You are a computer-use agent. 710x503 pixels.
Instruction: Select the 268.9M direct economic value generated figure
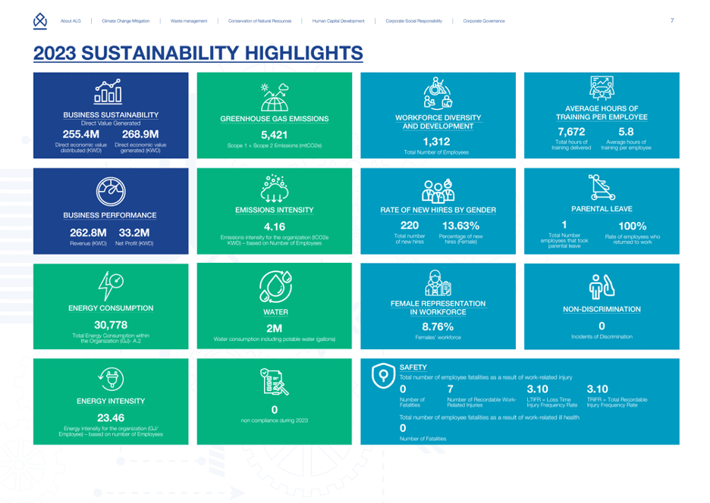(140, 134)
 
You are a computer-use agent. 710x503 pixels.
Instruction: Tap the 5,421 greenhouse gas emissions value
(275, 135)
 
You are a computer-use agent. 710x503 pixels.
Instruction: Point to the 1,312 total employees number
(436, 141)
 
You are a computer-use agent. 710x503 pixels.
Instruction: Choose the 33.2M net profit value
(134, 232)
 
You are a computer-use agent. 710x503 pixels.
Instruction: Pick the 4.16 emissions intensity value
(275, 226)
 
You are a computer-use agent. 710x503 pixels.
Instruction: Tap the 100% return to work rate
(633, 226)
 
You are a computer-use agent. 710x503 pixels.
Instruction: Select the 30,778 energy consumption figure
(111, 324)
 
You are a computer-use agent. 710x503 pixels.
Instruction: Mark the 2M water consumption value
(275, 328)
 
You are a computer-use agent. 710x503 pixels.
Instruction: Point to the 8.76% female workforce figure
(437, 326)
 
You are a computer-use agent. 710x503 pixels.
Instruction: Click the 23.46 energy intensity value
(111, 417)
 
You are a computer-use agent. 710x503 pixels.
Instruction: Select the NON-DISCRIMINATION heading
(602, 309)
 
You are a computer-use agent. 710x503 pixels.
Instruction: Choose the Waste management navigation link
(189, 20)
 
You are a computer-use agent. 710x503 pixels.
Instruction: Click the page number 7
(672, 20)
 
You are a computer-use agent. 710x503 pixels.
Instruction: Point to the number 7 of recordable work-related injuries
(451, 389)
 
